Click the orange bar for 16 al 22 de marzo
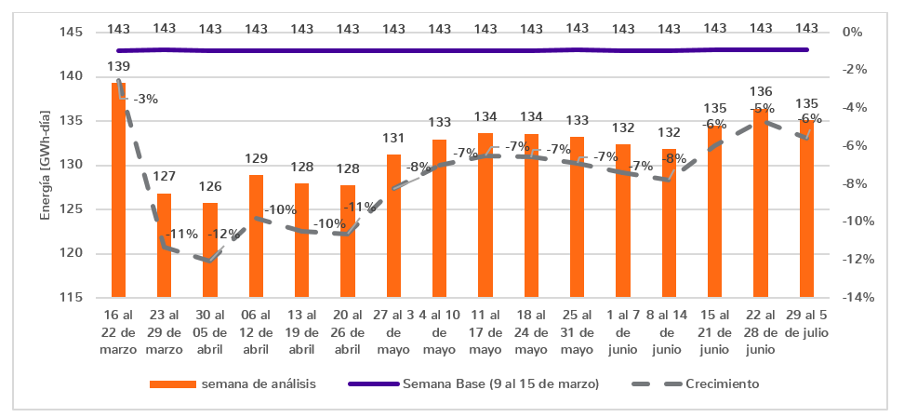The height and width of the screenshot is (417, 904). point(118,191)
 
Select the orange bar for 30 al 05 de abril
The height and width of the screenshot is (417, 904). point(210,250)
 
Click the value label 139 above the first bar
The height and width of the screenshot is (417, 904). point(118,66)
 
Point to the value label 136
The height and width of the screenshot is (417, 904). point(760,92)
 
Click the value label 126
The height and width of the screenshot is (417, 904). point(210,185)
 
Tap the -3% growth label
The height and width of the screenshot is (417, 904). point(145,99)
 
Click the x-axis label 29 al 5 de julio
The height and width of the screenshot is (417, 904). point(806,322)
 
